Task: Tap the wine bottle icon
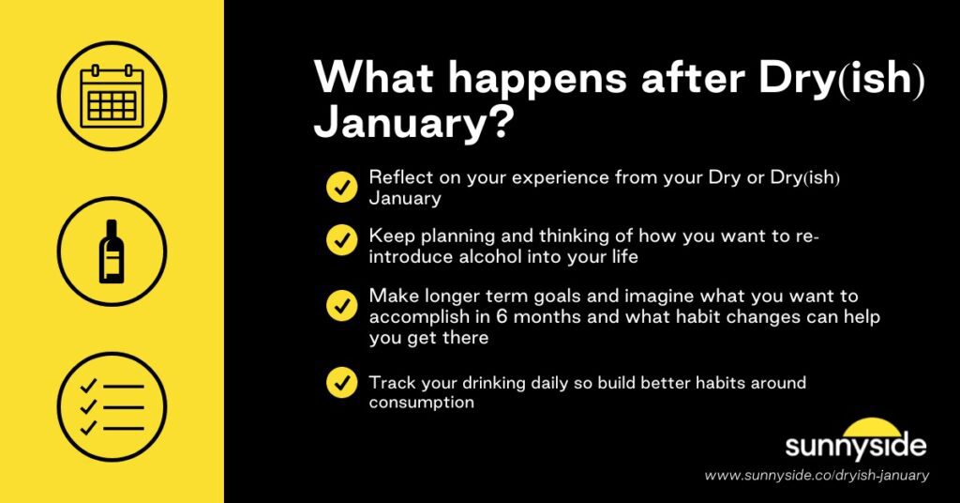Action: coord(112,251)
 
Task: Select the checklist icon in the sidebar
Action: coord(112,406)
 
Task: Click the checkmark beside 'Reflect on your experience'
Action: coord(341,188)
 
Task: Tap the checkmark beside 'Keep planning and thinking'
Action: coord(341,240)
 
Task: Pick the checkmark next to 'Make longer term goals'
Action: coord(341,306)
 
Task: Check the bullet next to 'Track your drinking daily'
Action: coord(341,383)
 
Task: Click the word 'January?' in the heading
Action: coord(412,124)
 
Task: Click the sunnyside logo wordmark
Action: coord(855,445)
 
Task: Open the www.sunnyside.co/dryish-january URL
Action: coord(817,476)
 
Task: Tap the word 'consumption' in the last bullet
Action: coord(421,403)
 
